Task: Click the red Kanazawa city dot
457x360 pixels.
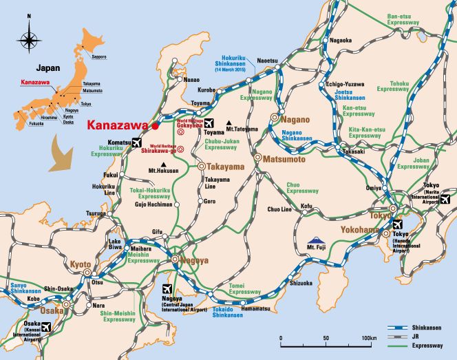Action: (x=156, y=126)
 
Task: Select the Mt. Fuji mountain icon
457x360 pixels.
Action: (x=316, y=243)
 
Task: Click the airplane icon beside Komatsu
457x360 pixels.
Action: (x=136, y=142)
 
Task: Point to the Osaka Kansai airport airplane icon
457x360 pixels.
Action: (x=47, y=328)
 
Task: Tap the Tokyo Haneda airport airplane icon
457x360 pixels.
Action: (x=396, y=225)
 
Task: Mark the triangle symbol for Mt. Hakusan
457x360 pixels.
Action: (x=162, y=163)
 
